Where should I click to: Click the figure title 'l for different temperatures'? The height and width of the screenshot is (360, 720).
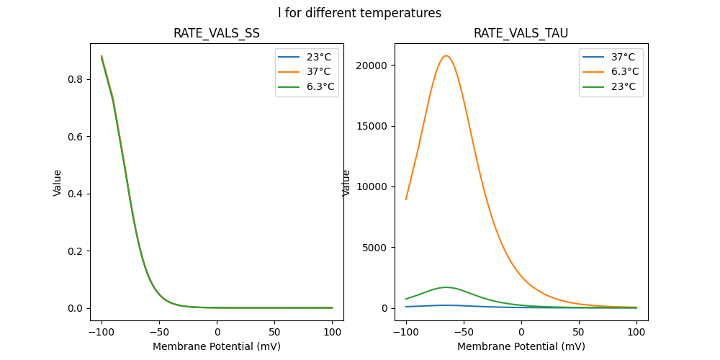point(359,13)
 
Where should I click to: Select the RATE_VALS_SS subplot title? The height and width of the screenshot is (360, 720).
point(217,33)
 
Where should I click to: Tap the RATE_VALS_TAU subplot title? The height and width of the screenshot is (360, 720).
point(521,33)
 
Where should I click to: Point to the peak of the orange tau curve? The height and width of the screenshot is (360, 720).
point(446,55)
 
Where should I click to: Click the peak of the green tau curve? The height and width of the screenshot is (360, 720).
point(446,287)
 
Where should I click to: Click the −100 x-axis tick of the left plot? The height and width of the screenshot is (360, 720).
point(102,332)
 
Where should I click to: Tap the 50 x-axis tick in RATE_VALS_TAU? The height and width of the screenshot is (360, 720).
point(579,332)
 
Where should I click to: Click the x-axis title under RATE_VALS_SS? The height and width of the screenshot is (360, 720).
point(217,346)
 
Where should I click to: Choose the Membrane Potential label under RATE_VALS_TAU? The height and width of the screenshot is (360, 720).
point(521,346)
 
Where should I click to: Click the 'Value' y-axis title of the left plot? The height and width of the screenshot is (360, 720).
point(58,183)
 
